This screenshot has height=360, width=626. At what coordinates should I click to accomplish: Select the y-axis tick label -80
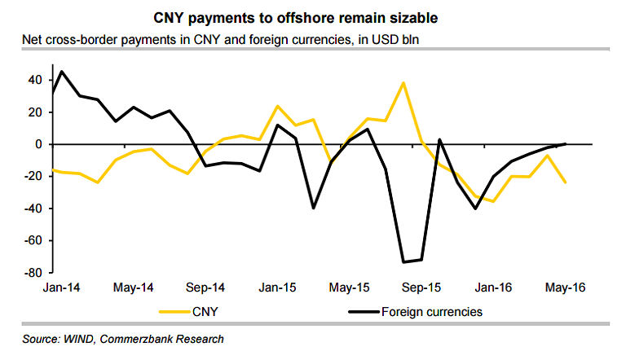[33, 273]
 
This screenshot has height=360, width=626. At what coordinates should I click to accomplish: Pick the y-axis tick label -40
[33, 209]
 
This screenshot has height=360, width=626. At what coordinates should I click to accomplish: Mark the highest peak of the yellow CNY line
[403, 82]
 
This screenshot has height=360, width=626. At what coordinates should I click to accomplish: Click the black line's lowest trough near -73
[403, 261]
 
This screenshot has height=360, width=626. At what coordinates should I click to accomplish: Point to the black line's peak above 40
[62, 71]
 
